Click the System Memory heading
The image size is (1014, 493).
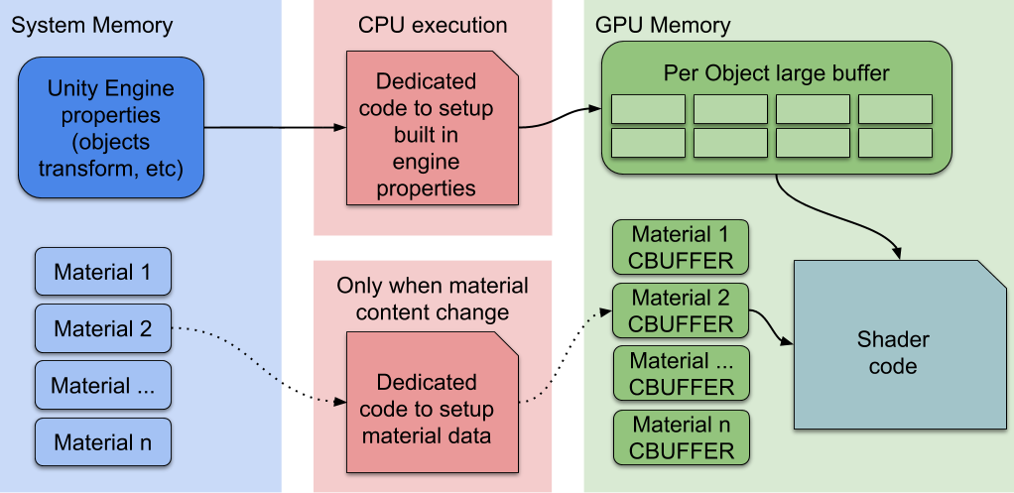point(91,26)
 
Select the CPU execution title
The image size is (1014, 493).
point(433,26)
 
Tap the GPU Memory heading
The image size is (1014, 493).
point(663,26)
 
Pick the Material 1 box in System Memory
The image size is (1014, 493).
point(103,272)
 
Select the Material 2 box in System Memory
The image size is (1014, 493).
point(103,328)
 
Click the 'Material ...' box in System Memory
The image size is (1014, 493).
point(103,385)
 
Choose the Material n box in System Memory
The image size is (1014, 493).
point(103,441)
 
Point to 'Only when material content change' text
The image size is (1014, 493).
point(433,299)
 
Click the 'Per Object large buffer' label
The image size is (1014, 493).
point(776,74)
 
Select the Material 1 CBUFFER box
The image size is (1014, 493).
point(681,248)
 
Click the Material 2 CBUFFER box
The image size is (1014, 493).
point(681,310)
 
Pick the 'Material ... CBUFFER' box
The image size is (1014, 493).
point(681,374)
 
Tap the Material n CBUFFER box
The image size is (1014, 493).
point(681,437)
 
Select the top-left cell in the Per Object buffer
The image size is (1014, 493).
point(648,109)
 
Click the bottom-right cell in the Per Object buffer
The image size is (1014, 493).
point(895,143)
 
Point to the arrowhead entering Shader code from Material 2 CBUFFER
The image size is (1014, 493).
point(789,343)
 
